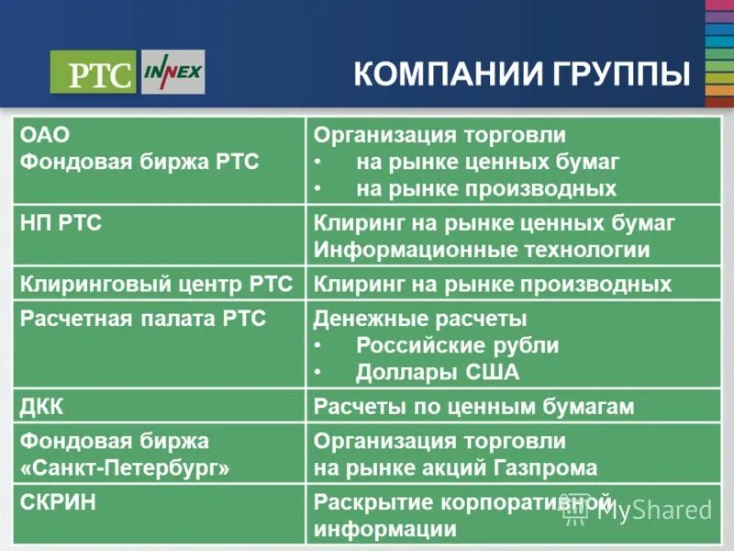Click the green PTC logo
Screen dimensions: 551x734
(93, 73)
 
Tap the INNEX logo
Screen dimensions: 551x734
(173, 72)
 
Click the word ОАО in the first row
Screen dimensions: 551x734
(45, 135)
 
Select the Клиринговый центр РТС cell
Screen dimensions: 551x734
(156, 284)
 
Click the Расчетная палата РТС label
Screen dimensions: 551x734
(143, 319)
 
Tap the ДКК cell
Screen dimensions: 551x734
(42, 406)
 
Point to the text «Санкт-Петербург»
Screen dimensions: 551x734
(125, 467)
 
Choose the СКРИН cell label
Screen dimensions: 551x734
(58, 502)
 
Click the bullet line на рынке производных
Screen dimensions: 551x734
(486, 189)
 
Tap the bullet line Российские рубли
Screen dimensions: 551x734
(457, 346)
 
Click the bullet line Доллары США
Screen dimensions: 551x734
(437, 373)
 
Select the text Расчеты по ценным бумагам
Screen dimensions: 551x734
(473, 406)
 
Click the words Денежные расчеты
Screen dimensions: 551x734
(420, 319)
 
